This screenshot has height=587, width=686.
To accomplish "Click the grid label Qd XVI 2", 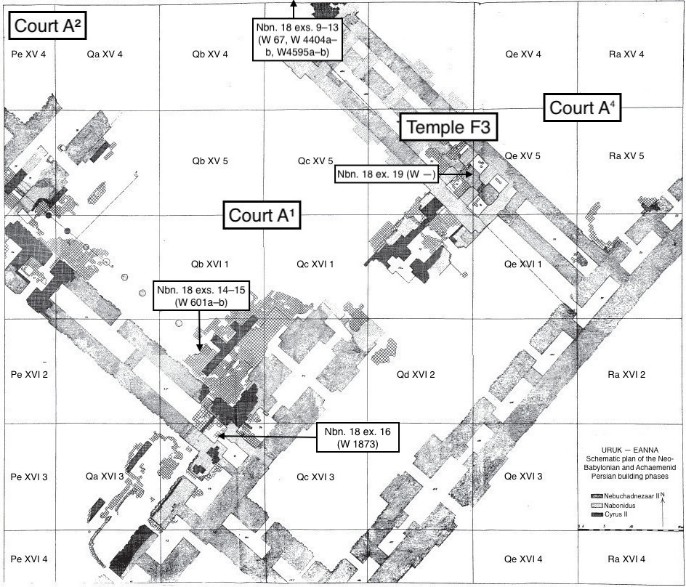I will click(416, 375).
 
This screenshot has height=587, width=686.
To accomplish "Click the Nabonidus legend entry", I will click(623, 505).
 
